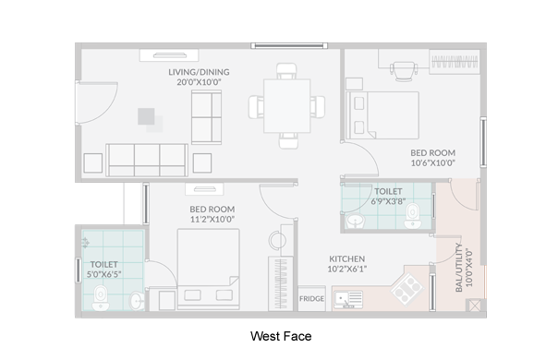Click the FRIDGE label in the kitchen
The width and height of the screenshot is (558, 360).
click(x=311, y=298)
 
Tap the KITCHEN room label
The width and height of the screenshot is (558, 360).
click(x=347, y=258)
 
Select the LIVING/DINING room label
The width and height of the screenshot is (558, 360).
click(x=199, y=72)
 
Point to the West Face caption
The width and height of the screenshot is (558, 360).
click(x=281, y=336)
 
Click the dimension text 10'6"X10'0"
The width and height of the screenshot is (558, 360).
click(x=433, y=163)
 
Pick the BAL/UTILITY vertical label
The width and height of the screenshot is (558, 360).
click(x=459, y=268)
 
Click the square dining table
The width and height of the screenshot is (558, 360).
click(x=286, y=106)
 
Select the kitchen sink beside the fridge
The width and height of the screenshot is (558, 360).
click(x=348, y=299)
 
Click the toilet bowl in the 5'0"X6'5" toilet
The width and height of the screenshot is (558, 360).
click(x=101, y=298)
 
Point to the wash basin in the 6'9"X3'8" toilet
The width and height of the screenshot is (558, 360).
click(x=355, y=222)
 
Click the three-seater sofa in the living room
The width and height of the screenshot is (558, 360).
click(x=147, y=160)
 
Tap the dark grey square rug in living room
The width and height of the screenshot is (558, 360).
click(x=146, y=116)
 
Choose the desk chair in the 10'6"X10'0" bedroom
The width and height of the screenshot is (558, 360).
click(x=403, y=71)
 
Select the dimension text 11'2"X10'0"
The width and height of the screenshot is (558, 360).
click(x=212, y=219)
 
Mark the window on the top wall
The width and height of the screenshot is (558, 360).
click(x=289, y=45)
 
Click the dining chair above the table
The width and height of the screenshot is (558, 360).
click(x=286, y=71)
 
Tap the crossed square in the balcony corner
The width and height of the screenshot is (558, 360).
click(x=474, y=306)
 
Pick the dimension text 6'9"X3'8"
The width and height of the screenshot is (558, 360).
click(x=388, y=201)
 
